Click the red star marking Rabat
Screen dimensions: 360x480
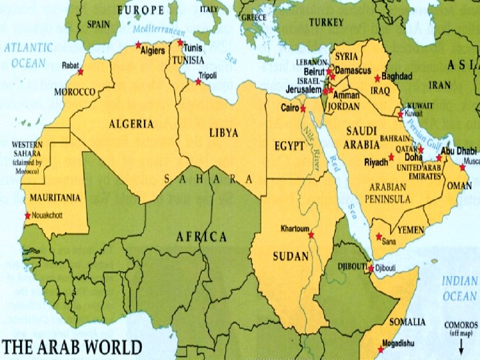(81, 71)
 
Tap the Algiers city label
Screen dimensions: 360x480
(153, 51)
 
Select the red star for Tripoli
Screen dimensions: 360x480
(198, 82)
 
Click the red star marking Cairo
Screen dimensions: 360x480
(303, 108)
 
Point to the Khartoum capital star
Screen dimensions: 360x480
(311, 235)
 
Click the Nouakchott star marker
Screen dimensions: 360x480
(27, 215)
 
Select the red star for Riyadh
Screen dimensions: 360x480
(391, 157)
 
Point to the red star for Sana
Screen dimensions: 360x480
(379, 236)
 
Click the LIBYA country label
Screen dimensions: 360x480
(223, 133)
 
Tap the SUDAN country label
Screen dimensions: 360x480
(291, 256)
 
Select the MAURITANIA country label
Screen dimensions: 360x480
(55, 197)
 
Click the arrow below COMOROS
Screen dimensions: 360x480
(461, 345)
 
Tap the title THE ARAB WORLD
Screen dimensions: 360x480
(72, 347)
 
